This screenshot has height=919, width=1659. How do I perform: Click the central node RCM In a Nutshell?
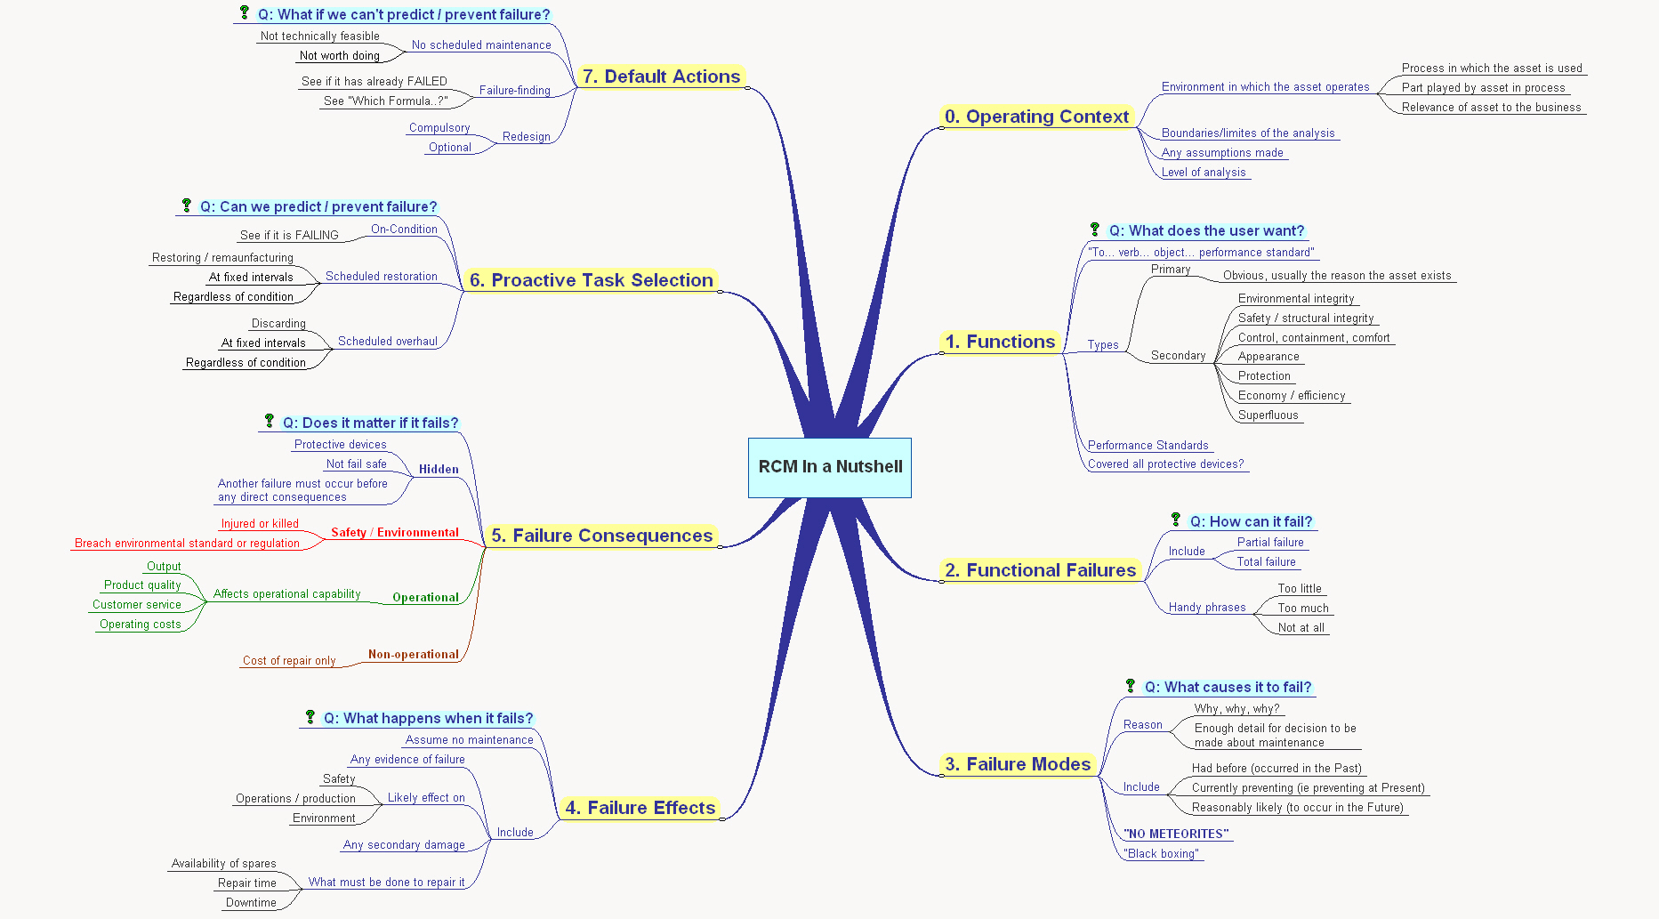point(830,467)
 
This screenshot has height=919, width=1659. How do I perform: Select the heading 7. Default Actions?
point(661,77)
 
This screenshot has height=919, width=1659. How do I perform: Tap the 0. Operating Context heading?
point(1036,117)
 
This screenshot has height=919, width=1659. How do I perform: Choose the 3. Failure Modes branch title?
point(1018,764)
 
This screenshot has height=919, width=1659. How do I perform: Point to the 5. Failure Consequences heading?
point(602,536)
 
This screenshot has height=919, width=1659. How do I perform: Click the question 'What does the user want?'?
point(1206,231)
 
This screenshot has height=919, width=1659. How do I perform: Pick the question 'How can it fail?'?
point(1251,522)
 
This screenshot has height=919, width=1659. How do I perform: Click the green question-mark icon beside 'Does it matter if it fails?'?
point(270,421)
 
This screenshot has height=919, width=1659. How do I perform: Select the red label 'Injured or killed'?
point(260,524)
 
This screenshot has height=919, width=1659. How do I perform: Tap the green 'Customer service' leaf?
point(137,605)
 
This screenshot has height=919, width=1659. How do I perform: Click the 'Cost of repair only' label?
point(289,661)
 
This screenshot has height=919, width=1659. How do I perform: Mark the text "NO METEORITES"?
point(1176,834)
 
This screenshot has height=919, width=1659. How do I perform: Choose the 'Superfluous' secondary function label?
point(1268,415)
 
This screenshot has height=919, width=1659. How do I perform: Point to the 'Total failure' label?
point(1267,562)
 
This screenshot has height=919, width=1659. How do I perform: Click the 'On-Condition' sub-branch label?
point(404,230)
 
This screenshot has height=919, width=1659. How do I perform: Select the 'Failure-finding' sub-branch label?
point(515,91)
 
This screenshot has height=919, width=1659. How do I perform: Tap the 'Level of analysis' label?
point(1204,173)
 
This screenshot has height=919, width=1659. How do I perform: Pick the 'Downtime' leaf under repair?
point(251,903)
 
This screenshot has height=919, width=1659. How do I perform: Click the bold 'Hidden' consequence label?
point(439,470)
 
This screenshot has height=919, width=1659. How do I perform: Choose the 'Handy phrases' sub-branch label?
point(1207,608)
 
